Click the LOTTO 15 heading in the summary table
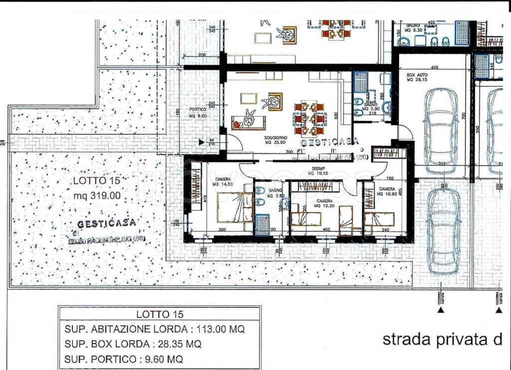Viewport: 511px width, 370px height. [159, 314]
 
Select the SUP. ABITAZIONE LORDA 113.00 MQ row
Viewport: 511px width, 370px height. [155, 329]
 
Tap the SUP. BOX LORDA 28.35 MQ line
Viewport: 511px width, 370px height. [133, 344]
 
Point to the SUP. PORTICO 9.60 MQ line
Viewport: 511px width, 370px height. [123, 358]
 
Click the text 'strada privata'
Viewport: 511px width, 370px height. [442, 340]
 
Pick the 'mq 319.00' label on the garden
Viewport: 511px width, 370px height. [97, 196]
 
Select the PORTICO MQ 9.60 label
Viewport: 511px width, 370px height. [198, 113]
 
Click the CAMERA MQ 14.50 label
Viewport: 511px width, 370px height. [223, 182]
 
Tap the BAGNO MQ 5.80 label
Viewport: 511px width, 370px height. [275, 193]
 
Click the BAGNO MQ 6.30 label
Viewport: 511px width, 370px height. [415, 27]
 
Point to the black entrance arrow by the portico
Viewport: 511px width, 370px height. [201, 142]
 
